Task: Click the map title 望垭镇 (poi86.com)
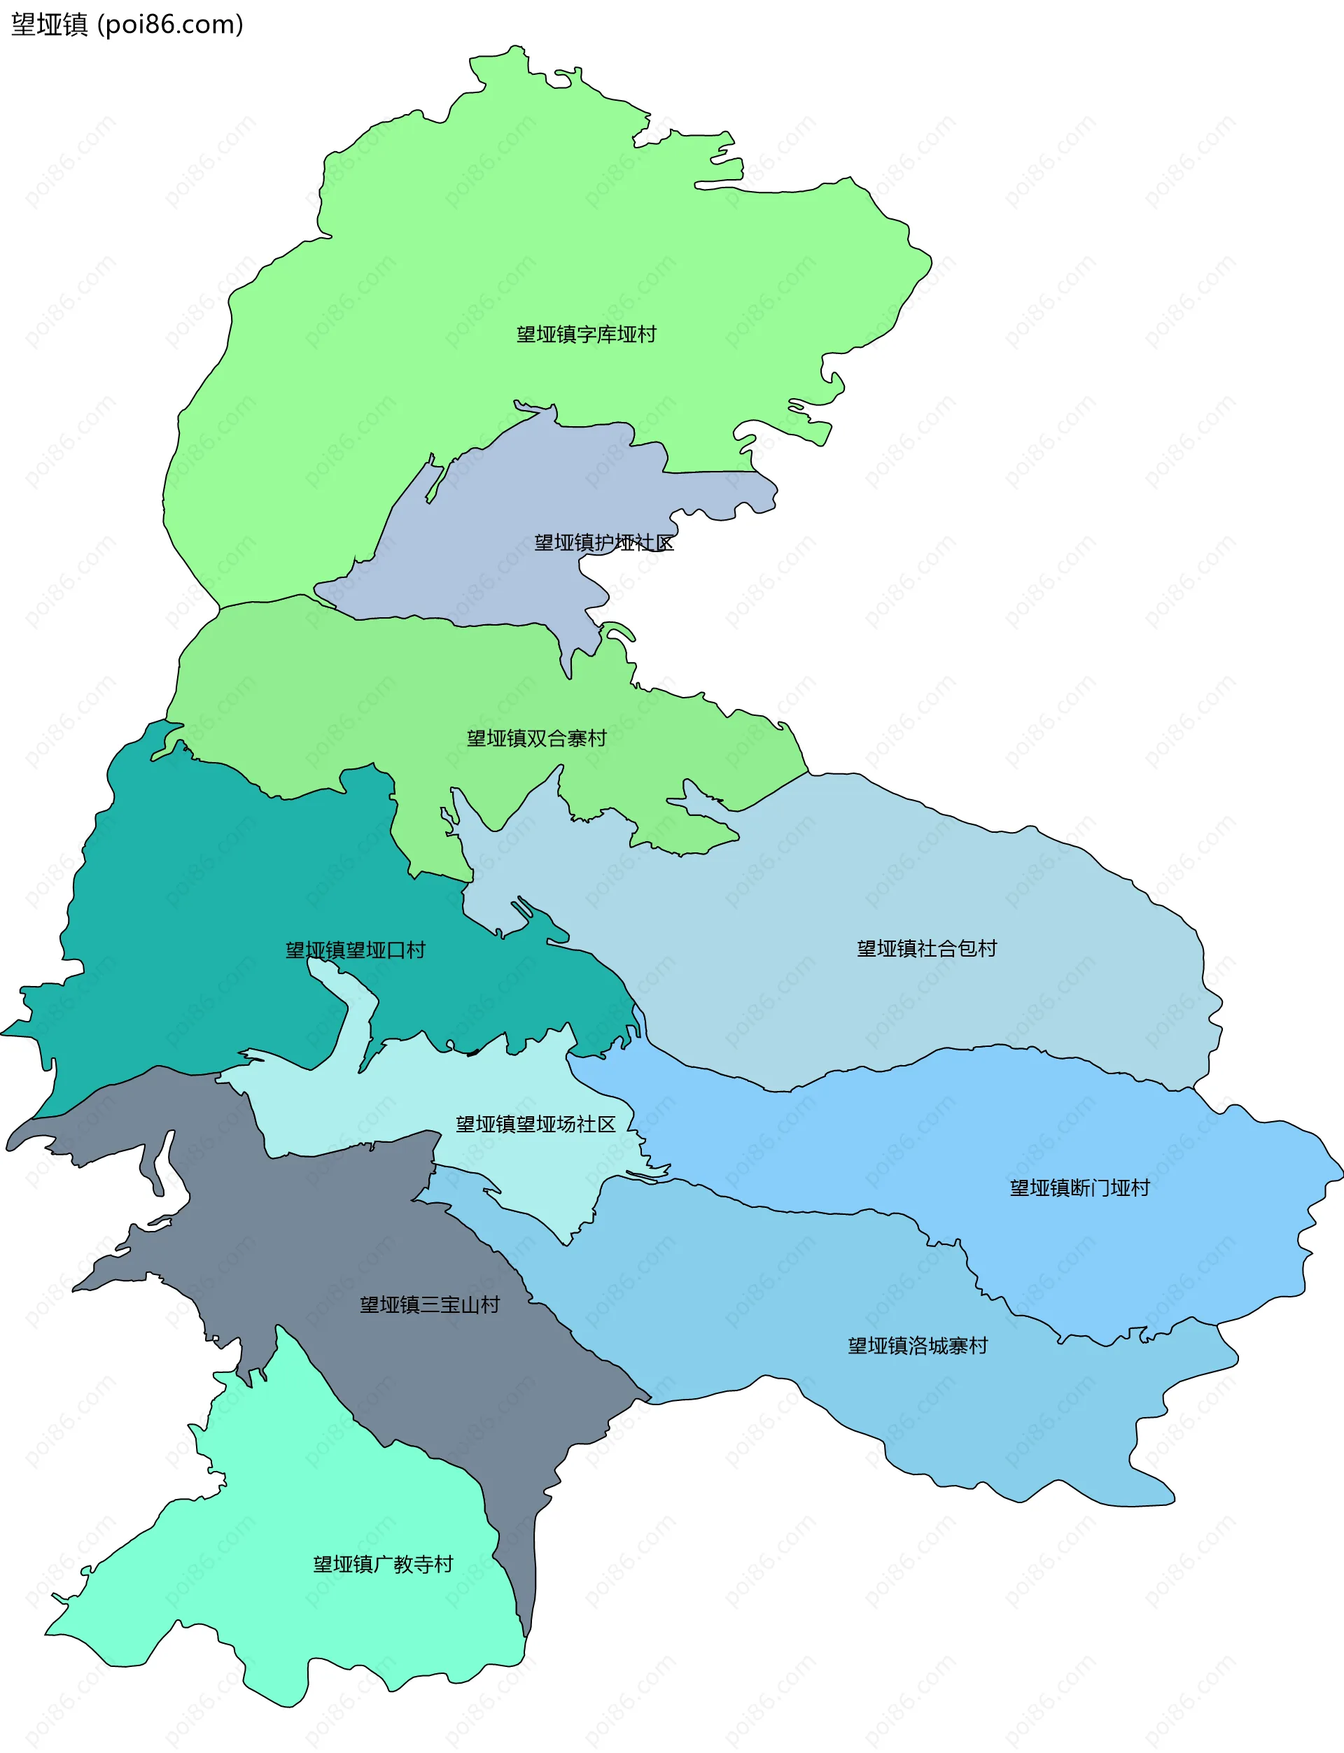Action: tap(127, 24)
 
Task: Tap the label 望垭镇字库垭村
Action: tap(586, 335)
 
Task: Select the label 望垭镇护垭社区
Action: tap(604, 543)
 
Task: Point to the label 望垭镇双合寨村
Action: tap(537, 738)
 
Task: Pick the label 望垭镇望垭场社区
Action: tap(535, 1125)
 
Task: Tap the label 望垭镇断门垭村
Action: tap(1079, 1188)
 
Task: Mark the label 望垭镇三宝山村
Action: tap(430, 1305)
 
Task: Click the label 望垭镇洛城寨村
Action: tap(918, 1346)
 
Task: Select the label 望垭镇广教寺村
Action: tap(383, 1564)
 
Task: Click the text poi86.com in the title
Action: tap(170, 24)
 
